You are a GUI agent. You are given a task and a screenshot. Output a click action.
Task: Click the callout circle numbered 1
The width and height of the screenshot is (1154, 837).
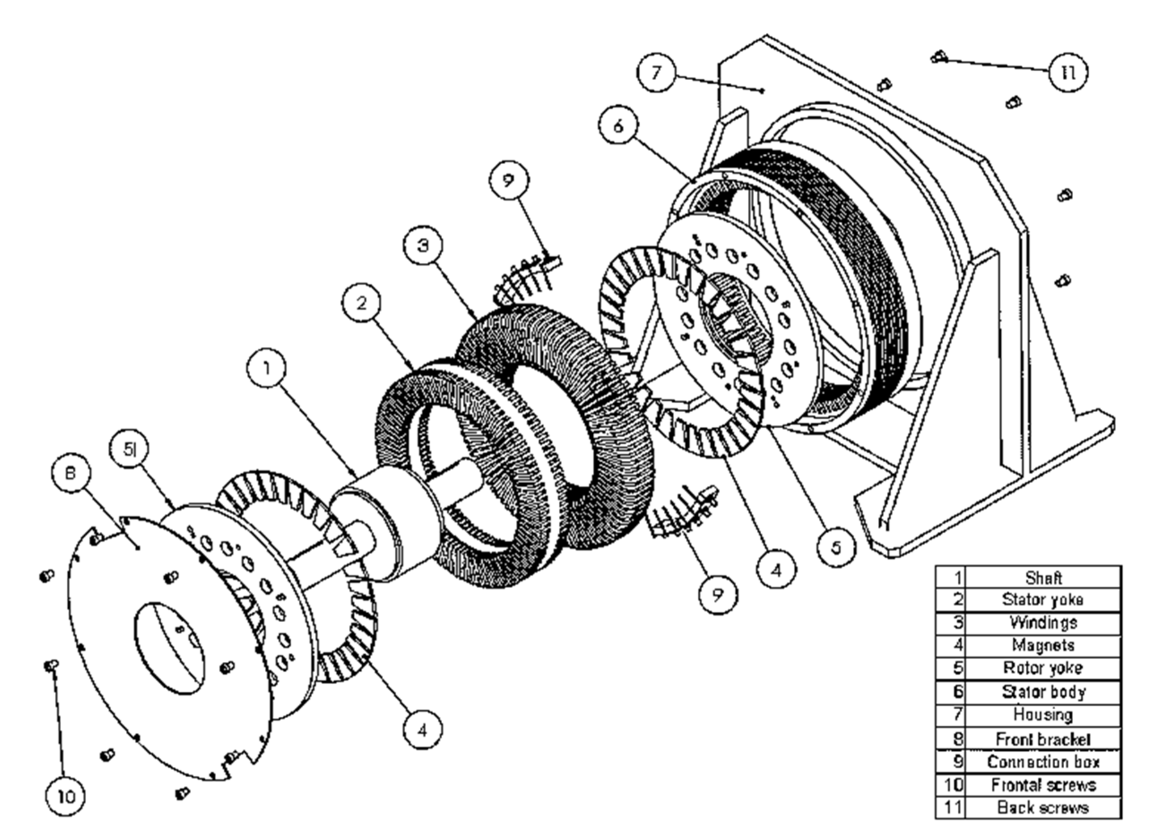[267, 367]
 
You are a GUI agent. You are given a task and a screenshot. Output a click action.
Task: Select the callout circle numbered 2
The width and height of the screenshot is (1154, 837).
[361, 303]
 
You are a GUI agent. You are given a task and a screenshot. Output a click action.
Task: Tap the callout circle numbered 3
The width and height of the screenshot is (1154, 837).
[423, 245]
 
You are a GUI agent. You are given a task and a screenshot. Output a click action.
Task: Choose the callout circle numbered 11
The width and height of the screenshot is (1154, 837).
[1068, 73]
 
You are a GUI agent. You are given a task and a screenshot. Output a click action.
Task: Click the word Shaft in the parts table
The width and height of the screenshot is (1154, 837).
[1043, 578]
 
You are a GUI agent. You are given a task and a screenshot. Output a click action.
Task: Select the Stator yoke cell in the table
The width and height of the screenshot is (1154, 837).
[1043, 600]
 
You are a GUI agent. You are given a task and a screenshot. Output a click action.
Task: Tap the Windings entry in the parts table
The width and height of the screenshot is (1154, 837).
[1043, 623]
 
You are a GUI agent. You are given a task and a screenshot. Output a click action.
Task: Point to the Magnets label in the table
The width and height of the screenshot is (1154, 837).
[1043, 645]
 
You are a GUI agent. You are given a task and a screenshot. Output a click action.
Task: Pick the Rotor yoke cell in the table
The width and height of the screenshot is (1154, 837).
[1043, 668]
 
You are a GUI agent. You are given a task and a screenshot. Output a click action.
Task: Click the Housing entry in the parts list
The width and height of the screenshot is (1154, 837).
[1043, 715]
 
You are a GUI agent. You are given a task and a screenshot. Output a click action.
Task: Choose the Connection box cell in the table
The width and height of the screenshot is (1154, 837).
[1043, 762]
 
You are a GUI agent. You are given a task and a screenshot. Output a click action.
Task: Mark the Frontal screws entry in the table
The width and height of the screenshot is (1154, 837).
[1043, 785]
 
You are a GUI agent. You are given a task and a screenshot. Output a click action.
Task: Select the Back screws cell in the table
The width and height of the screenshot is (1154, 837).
[1043, 807]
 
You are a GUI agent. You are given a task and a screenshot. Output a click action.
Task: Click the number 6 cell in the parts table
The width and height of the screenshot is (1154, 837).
[951, 692]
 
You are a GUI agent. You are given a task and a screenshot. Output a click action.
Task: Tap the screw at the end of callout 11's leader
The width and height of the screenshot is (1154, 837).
[939, 57]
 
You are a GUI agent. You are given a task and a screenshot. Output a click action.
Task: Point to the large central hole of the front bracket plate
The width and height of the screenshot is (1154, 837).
[169, 648]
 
